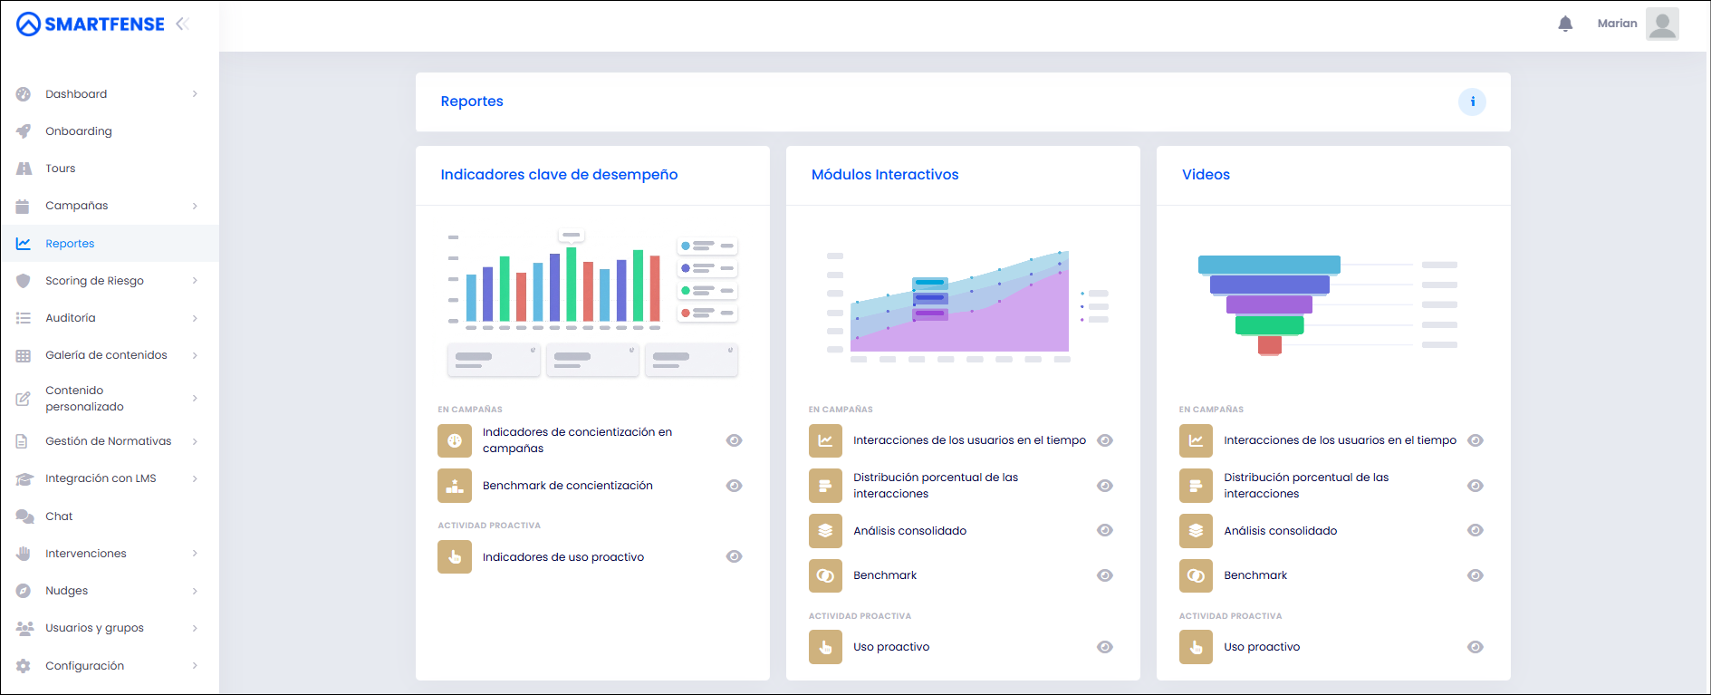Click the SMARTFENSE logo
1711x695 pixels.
click(91, 24)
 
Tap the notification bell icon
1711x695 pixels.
click(1565, 24)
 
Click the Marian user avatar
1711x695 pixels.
click(1662, 24)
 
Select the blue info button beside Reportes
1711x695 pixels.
click(1472, 101)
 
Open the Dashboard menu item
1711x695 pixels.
click(76, 94)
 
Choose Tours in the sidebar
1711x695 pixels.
click(61, 169)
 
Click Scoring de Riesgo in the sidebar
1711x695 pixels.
click(94, 281)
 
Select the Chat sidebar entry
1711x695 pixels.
click(59, 516)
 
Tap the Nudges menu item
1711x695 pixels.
click(67, 591)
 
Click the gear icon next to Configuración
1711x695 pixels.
click(24, 666)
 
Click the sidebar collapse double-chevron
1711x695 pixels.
click(182, 24)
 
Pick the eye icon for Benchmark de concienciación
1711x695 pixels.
click(735, 486)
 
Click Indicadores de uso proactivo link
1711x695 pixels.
click(563, 557)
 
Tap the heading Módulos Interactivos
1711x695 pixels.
click(885, 175)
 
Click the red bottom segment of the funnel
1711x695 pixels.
click(1270, 345)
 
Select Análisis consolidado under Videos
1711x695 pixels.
click(1281, 531)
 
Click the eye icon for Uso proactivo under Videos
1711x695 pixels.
click(1475, 647)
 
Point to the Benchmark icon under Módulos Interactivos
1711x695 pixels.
click(825, 575)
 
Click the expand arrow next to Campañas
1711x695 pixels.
click(195, 206)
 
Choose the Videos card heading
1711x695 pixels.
click(1206, 175)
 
